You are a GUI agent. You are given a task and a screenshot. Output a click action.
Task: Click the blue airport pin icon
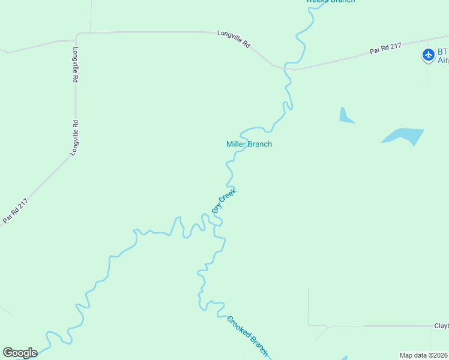coord(428,55)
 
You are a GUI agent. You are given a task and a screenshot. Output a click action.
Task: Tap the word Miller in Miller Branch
coord(237,144)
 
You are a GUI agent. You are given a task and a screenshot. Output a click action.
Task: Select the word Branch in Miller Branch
coord(261,144)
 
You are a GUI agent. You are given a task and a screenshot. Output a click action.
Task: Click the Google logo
coord(20,353)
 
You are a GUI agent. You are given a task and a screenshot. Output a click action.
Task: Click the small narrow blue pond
coord(345,116)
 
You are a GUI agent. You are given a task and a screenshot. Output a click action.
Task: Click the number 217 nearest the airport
coord(394,46)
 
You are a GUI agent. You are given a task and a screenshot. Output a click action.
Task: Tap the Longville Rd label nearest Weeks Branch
coord(234,40)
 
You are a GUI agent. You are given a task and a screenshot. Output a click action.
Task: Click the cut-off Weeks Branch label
coord(330,2)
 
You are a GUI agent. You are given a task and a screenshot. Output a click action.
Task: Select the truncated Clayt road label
coord(441,326)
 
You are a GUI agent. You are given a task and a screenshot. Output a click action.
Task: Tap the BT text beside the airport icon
coord(443,52)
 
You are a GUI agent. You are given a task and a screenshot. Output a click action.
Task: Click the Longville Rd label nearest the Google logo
coord(74,138)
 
